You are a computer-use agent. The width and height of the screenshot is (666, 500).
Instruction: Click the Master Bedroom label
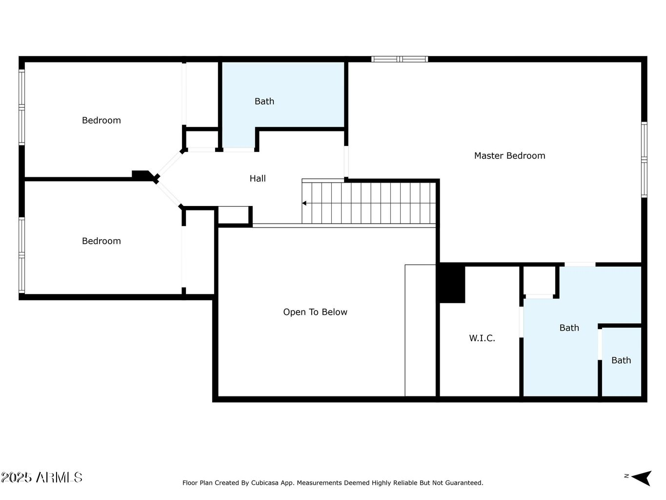click(509, 156)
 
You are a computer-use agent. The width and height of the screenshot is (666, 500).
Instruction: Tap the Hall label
click(258, 179)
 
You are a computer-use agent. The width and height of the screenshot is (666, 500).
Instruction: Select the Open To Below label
click(315, 312)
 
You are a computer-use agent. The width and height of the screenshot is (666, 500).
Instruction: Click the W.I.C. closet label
click(482, 338)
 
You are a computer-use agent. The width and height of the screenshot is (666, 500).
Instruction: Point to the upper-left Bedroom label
click(101, 121)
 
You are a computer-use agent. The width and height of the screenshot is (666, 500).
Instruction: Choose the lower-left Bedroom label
click(101, 241)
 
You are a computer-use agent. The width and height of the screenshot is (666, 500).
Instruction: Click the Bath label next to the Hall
click(264, 102)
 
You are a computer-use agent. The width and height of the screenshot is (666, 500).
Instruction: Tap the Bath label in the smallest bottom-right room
click(621, 360)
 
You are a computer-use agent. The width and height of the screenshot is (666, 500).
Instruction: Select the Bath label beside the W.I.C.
click(569, 328)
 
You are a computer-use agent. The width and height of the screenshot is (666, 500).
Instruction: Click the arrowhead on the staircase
click(304, 203)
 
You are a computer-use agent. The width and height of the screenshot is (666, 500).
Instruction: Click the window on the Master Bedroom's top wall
click(400, 59)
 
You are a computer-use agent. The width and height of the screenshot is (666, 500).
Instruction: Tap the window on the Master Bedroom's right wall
click(644, 159)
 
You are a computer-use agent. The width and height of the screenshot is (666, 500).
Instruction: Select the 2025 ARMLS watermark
click(41, 477)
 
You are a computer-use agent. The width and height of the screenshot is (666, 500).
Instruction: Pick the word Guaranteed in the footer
click(462, 483)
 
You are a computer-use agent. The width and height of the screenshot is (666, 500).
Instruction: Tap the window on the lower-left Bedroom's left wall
click(21, 254)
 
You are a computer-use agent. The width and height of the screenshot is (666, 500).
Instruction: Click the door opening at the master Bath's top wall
click(580, 264)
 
